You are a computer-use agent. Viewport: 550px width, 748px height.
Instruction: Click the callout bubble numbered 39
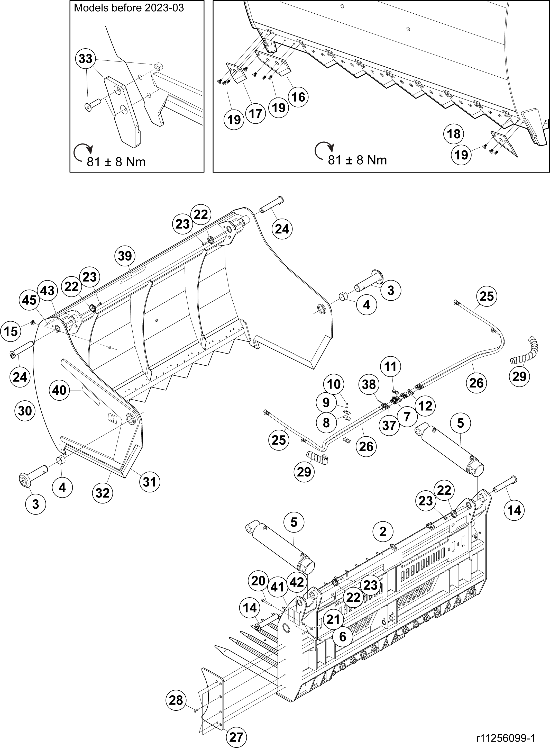(125, 256)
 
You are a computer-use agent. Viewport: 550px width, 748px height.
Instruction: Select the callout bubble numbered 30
(25, 411)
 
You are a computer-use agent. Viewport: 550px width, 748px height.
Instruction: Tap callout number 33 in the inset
(86, 59)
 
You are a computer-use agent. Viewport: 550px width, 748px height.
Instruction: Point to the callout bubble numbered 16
(298, 97)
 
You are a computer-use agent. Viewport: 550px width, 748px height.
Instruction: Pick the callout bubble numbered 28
(176, 700)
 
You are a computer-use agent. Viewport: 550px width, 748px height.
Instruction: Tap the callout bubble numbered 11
(391, 367)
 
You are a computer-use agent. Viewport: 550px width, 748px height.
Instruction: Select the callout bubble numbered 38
(369, 385)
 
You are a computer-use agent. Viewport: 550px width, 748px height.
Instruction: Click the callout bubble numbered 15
(11, 331)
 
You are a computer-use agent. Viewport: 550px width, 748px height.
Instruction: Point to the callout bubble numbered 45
(29, 300)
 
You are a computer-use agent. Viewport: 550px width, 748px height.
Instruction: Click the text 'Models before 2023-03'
(129, 8)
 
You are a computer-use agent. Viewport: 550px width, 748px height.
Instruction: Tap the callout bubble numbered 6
(343, 636)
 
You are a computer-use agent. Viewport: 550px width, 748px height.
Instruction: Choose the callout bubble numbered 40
(60, 390)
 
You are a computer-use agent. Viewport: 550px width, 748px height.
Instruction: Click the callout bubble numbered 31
(150, 481)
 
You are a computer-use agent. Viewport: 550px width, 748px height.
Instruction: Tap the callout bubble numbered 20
(258, 581)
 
